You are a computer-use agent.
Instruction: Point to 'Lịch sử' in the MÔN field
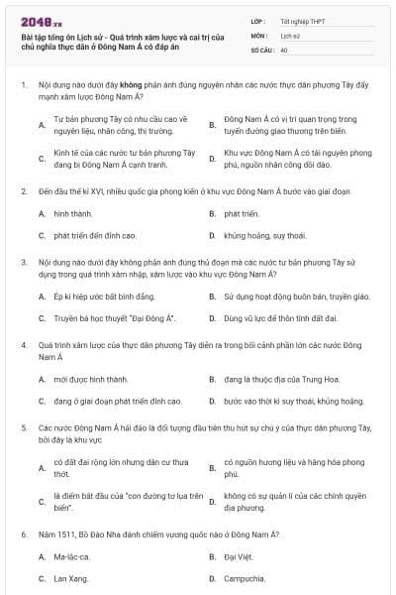tap(289, 35)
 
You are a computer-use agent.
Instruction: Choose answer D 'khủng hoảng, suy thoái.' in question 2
tap(264, 236)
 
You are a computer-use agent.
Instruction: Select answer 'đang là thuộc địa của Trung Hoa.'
tap(285, 379)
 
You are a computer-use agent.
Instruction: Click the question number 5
tap(23, 425)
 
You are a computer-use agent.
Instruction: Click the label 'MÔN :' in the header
tap(259, 35)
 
